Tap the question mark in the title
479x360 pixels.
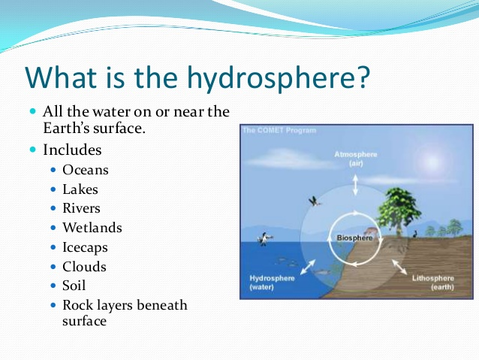point(363,77)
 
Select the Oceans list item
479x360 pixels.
point(86,170)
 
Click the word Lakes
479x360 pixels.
point(80,189)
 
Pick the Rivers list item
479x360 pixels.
point(81,208)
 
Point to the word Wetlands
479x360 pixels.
point(92,228)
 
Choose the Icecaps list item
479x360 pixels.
point(86,248)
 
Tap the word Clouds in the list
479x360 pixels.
point(84,266)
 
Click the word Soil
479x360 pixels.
point(74,286)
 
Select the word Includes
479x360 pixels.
point(72,150)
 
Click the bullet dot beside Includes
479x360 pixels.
point(33,150)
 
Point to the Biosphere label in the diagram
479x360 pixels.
point(354,237)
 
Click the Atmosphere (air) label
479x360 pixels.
point(356,159)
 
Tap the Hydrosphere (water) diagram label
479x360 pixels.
point(272,283)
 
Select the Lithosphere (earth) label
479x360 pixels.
point(433,283)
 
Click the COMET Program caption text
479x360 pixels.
point(279,130)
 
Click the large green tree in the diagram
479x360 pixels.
point(398,210)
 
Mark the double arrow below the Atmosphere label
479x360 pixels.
point(355,185)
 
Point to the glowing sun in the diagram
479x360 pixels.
point(432,161)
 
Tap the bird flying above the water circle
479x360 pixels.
point(315,201)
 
